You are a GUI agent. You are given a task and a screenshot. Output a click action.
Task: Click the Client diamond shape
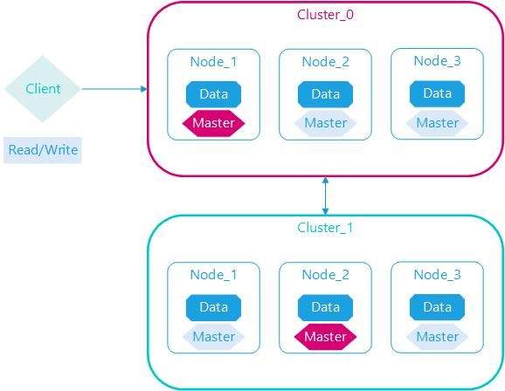coord(43,89)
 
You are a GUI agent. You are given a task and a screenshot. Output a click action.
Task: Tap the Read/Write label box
coord(43,150)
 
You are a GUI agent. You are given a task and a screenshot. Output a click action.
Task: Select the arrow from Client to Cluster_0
coord(114,89)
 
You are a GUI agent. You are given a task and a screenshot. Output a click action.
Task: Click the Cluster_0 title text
coord(325,15)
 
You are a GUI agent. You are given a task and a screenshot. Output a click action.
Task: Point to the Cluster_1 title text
coord(325,228)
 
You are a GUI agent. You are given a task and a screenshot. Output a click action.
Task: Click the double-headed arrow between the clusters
coord(325,195)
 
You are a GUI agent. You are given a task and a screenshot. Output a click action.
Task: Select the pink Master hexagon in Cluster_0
coord(213,123)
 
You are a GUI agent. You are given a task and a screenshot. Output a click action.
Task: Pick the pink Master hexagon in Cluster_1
coord(325,337)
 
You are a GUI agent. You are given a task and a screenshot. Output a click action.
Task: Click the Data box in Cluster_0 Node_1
coord(213,94)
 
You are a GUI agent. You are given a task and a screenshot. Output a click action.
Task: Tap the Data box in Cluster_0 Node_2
coord(325,94)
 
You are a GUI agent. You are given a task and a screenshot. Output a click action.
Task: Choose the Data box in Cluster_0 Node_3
coord(437,93)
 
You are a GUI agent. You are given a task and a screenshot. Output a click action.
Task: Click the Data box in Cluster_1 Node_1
coord(213,308)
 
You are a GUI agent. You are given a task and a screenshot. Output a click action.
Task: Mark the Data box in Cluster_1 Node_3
coord(437,307)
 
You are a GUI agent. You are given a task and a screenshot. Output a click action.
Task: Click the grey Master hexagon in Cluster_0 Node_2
coord(325,123)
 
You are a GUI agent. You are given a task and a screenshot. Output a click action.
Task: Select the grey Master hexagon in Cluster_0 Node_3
coord(437,123)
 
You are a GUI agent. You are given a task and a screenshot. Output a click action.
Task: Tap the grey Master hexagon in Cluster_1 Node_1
coord(213,337)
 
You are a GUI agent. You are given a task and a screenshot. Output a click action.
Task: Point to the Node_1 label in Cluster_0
coord(213,62)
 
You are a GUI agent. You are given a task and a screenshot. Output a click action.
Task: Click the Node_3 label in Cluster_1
coord(437,275)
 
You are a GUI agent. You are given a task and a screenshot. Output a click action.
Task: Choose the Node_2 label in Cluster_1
coord(325,275)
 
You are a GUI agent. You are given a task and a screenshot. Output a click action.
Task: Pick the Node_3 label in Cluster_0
coord(437,61)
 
